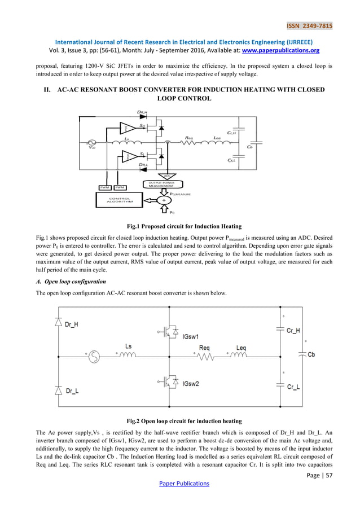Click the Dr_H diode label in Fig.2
click(72, 326)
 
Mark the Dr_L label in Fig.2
click(72, 390)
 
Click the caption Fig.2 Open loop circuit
click(179, 421)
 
